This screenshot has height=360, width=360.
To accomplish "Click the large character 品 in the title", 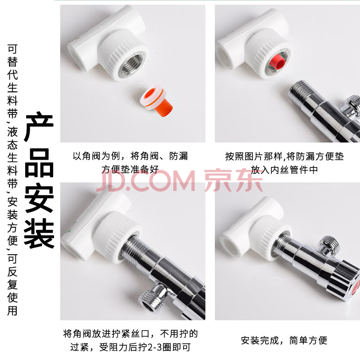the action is pos(39,162).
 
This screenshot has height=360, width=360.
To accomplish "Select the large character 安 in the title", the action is pos(39,198).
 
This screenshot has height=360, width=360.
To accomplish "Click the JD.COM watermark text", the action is pos(145,180).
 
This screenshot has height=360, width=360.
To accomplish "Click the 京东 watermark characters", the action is pos(233,180).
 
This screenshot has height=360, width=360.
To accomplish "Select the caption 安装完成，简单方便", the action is pos(284,340).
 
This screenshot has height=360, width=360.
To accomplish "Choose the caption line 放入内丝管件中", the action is pos(284,170).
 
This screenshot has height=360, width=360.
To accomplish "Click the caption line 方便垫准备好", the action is pos(130,170).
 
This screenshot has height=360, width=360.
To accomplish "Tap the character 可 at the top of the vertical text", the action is pos(13,49).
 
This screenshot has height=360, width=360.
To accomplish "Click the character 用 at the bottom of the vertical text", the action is pos(13,311).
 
